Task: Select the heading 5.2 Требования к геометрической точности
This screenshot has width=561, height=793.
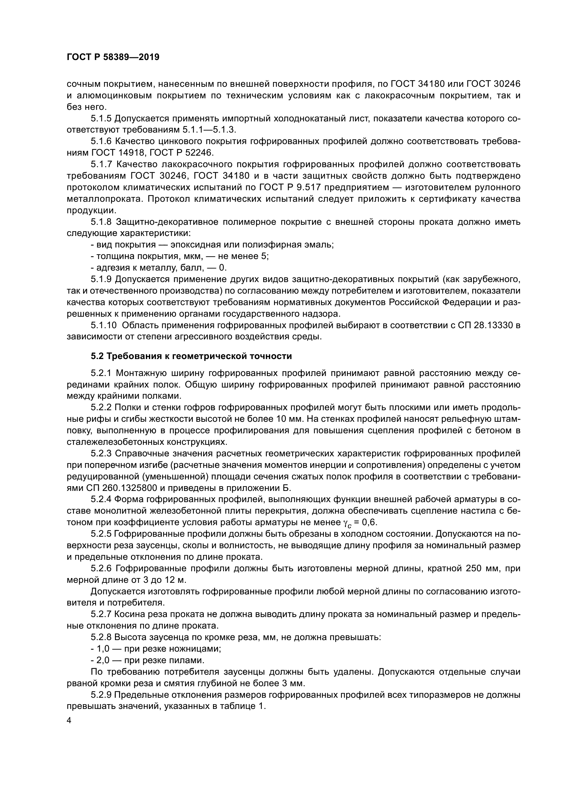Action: pyautogui.click(x=191, y=356)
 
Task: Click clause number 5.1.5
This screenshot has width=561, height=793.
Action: pyautogui.click(x=101, y=119)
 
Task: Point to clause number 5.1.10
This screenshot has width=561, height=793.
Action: pyautogui.click(x=103, y=325)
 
